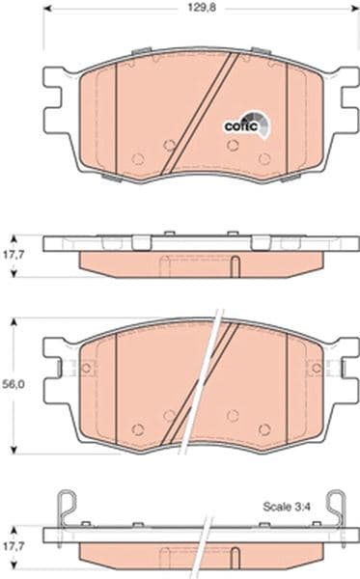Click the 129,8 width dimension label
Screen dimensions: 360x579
click(202, 8)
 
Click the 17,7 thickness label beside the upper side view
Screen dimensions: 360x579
click(14, 255)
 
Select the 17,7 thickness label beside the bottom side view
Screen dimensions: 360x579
click(14, 546)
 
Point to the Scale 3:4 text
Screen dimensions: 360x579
click(287, 507)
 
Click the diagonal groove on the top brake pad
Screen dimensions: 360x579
click(199, 114)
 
